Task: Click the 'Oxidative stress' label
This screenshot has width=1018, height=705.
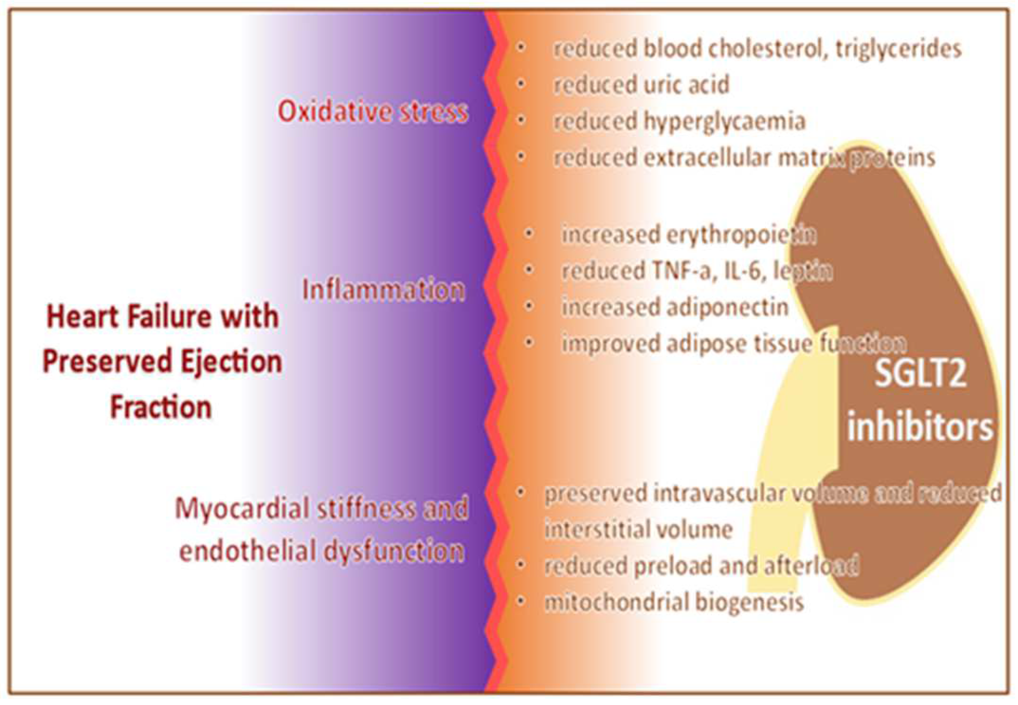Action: pyautogui.click(x=373, y=111)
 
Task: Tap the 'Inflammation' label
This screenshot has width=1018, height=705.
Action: pyautogui.click(x=384, y=290)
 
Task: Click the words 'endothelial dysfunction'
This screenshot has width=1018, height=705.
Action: pyautogui.click(x=322, y=551)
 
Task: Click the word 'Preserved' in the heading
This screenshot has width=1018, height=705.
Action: pyautogui.click(x=106, y=362)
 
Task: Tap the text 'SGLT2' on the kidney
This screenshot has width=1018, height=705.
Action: pyautogui.click(x=921, y=374)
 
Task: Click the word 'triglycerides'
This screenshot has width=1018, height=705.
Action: pyautogui.click(x=899, y=49)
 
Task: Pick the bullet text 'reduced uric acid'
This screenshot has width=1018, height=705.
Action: pyautogui.click(x=641, y=85)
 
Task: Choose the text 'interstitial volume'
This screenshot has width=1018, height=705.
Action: pyautogui.click(x=638, y=530)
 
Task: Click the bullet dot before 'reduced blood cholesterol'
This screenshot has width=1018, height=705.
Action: pyautogui.click(x=521, y=47)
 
